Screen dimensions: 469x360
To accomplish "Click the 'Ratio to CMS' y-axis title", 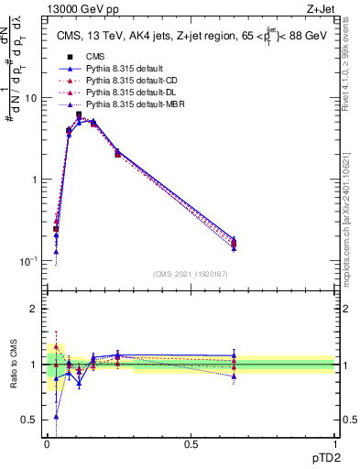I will click(x=13, y=365).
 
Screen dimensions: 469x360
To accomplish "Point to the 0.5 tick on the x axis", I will click(x=191, y=443).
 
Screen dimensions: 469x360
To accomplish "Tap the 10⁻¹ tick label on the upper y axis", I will click(x=27, y=261).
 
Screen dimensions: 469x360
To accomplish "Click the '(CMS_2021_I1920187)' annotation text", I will click(x=190, y=272).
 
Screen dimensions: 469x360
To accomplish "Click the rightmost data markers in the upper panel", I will click(x=235, y=244).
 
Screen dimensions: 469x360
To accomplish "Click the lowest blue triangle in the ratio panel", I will click(x=57, y=416).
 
